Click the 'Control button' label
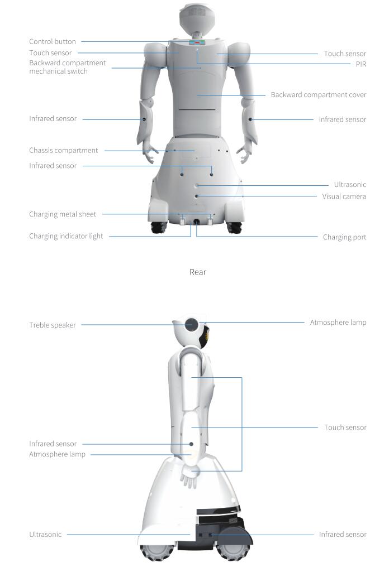(53, 42)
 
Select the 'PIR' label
(360, 64)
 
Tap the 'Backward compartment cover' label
(319, 95)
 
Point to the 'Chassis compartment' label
(63, 151)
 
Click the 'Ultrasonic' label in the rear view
(350, 184)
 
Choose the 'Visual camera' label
(344, 196)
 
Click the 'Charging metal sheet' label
(63, 214)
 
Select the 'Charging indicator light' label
(66, 236)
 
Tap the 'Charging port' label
(344, 237)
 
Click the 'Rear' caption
(198, 272)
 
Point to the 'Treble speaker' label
(53, 325)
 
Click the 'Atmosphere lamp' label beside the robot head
(338, 322)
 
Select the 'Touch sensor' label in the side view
(345, 427)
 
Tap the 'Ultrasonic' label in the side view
(45, 535)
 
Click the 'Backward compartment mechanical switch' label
(68, 67)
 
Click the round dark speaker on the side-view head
(191, 325)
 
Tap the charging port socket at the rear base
(196, 222)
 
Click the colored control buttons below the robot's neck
(197, 42)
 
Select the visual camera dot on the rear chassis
(197, 196)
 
